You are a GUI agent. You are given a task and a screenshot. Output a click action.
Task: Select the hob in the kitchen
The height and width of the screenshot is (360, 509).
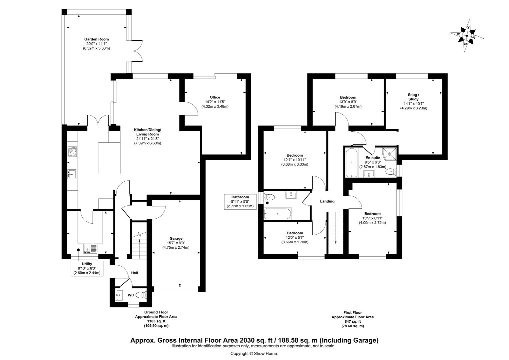pyautogui.click(x=72, y=151)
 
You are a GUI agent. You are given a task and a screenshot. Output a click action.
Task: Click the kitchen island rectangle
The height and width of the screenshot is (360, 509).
pyautogui.click(x=109, y=158)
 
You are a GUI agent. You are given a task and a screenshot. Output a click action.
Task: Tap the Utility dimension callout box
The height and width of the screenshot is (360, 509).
pyautogui.click(x=87, y=268)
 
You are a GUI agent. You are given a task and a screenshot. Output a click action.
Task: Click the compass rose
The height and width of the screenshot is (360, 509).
pyautogui.click(x=467, y=36)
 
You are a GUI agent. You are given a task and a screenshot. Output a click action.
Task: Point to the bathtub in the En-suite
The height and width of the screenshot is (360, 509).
pyautogui.click(x=351, y=163)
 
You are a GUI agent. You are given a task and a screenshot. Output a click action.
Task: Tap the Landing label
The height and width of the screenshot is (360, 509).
pyautogui.click(x=327, y=201)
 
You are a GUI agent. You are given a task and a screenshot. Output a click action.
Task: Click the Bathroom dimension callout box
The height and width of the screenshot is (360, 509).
pyautogui.click(x=240, y=202)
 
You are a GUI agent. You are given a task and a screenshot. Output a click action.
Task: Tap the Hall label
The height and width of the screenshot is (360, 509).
pyautogui.click(x=135, y=273)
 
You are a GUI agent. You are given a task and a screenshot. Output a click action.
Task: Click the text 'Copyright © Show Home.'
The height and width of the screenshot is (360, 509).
pyautogui.click(x=254, y=353)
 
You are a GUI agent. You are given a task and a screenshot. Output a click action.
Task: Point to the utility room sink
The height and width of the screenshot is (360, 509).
pyautogui.click(x=90, y=248)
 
